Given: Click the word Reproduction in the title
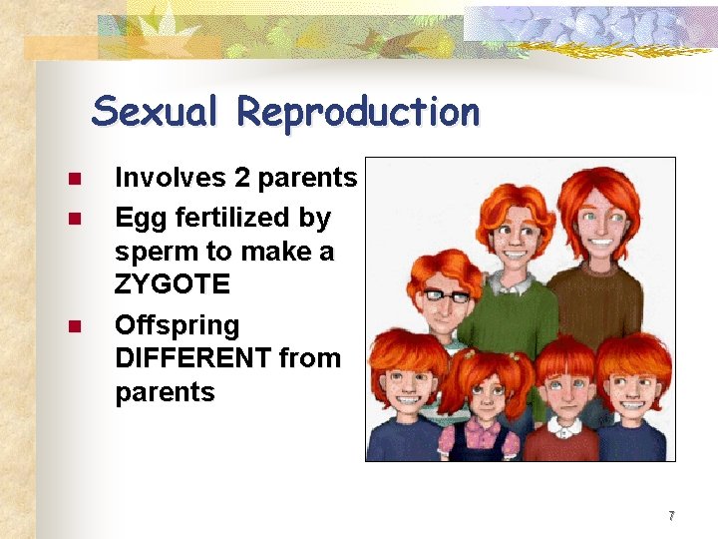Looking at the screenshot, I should [x=358, y=111].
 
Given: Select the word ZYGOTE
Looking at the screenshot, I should [x=173, y=285].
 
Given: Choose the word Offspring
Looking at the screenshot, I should [x=178, y=325].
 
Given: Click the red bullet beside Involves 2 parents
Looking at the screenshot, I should [x=74, y=180].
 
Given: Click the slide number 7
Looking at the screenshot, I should [x=672, y=516].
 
